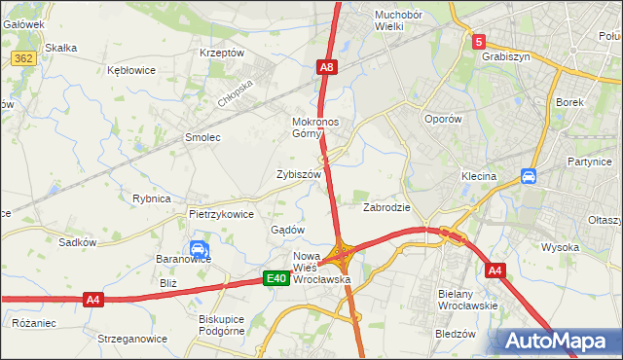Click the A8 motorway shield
coord(327,67)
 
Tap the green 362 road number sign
coord(24,59)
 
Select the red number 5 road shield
coord(478,42)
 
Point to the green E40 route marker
coord(276,279)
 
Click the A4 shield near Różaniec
coord(93,300)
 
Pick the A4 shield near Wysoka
coord(495,270)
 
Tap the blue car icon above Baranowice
coord(198,249)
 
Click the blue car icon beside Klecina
coord(529,176)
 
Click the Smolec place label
coord(203,137)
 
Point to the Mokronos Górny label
coord(314,128)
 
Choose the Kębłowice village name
coord(133,71)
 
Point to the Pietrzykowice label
coord(221,214)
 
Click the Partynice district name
coord(589,162)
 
